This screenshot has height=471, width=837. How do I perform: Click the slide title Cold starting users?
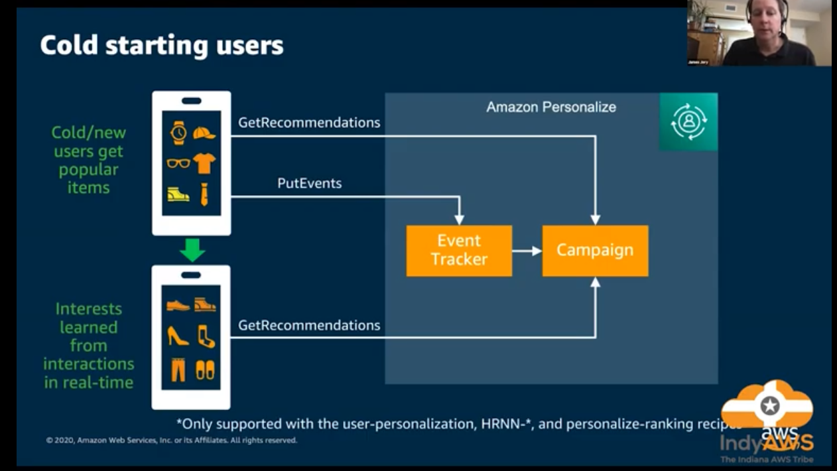click(162, 46)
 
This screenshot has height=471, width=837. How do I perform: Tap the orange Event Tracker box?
click(459, 250)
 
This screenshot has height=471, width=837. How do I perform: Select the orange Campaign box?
click(595, 250)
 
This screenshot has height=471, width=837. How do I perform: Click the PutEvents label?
click(309, 183)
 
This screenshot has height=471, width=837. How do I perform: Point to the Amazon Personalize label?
click(551, 107)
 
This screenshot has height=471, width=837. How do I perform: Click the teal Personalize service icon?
click(688, 121)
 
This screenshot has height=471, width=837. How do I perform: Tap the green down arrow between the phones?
click(192, 249)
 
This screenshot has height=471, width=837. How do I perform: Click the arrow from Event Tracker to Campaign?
click(527, 251)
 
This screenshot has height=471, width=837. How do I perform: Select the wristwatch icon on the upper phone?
click(178, 133)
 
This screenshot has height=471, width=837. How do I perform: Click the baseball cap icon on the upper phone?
click(204, 133)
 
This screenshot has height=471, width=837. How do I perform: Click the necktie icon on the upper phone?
click(204, 194)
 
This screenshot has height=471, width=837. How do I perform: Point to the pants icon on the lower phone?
click(178, 370)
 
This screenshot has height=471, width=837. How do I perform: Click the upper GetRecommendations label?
click(309, 123)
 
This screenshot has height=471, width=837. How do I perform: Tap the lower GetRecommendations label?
click(309, 325)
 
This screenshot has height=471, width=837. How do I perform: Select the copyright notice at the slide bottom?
click(171, 440)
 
